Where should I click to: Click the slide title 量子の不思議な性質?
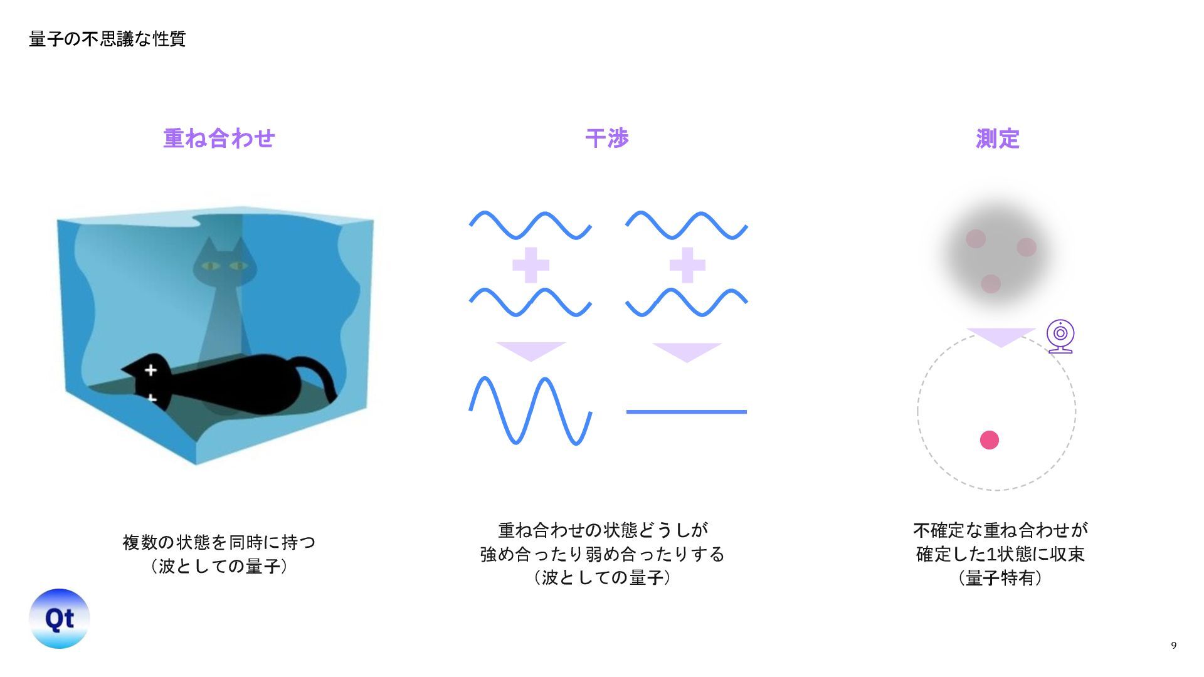pos(107,39)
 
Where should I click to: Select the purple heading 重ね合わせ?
pos(219,139)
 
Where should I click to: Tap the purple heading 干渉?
pos(606,139)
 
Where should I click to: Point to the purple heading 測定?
pos(997,139)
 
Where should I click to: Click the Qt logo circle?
pos(60,619)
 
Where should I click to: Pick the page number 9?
pos(1173,646)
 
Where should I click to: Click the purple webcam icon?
pos(1060,336)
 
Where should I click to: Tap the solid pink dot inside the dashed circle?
pos(989,440)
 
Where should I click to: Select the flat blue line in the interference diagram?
pos(686,412)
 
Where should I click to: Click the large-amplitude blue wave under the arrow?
pos(530,411)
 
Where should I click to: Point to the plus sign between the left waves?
pos(531,265)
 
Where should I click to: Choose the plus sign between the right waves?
pos(687,265)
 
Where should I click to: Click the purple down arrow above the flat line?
pos(687,351)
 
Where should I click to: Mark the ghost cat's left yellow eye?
pos(210,266)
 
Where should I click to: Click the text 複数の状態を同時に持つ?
pos(219,542)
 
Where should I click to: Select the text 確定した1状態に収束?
pos(1000,554)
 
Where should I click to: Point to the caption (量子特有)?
pos(1000,578)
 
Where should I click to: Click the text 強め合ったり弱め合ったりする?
pos(602,554)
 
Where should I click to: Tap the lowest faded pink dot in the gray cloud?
pos(991,284)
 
